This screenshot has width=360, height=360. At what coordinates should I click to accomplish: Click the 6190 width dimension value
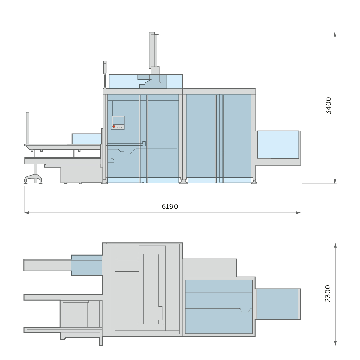click(169, 207)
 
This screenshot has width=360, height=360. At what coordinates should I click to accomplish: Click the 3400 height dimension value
click(328, 106)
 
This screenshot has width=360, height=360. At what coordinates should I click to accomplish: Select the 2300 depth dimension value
click(328, 293)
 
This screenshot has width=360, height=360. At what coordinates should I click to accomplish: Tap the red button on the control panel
click(114, 127)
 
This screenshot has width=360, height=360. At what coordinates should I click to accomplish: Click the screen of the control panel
click(118, 121)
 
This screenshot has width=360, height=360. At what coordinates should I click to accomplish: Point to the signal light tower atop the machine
click(105, 75)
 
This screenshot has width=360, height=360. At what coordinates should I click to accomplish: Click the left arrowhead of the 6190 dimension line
click(27, 213)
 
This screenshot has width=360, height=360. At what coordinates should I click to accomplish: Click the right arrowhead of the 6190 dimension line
click(298, 213)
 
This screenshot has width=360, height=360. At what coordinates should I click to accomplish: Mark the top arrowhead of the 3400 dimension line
click(335, 34)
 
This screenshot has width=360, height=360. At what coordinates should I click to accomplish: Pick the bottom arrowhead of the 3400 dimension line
click(335, 181)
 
